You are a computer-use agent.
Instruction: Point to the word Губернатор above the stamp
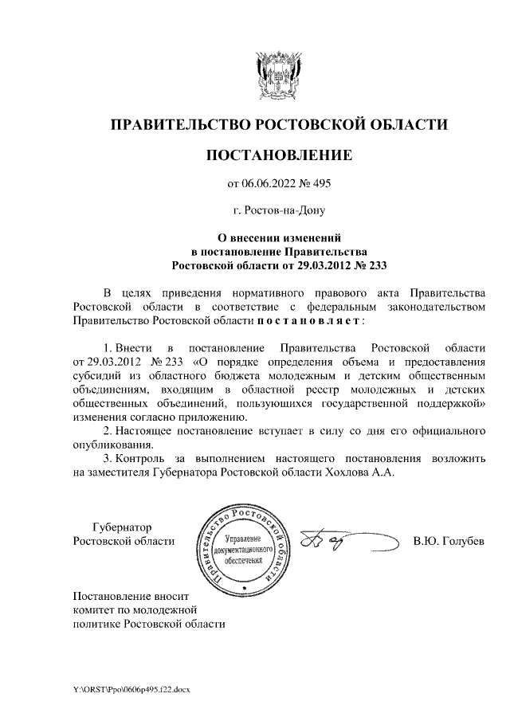click(121, 527)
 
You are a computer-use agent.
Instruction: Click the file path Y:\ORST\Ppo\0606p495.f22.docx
click(127, 688)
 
